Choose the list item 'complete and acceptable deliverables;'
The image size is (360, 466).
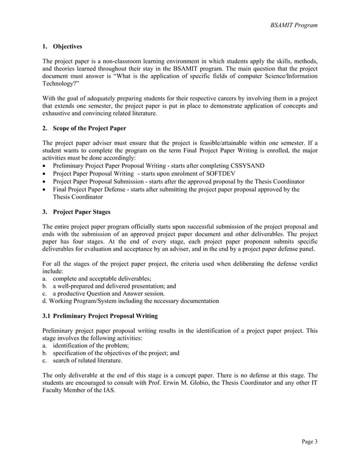tap(102, 278)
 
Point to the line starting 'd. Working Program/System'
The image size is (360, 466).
tap(130, 301)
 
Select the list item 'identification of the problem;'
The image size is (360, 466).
tap(91, 345)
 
